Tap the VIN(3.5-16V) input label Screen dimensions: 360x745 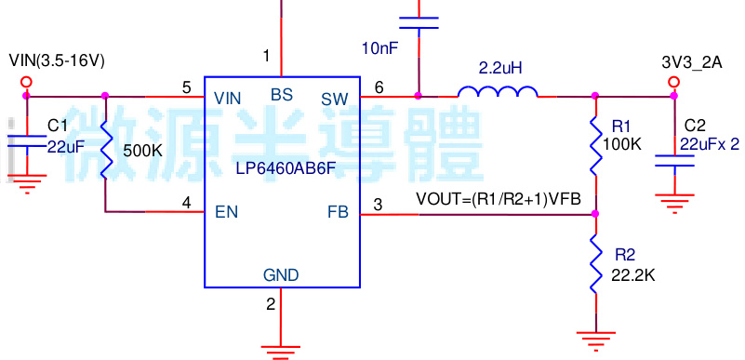[x=57, y=60]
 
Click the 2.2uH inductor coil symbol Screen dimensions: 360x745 [x=498, y=92]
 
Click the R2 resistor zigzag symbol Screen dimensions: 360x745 [x=596, y=264]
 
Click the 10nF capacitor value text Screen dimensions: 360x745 [x=379, y=47]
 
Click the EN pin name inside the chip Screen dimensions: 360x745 [x=226, y=212]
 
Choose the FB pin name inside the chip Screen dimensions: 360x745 [x=338, y=212]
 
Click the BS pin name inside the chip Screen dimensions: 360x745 [x=281, y=94]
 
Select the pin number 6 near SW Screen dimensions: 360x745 [x=379, y=87]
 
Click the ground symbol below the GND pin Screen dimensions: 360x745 [x=275, y=350]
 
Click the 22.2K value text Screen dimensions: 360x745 [x=633, y=275]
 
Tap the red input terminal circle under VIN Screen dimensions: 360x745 [x=26, y=83]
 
